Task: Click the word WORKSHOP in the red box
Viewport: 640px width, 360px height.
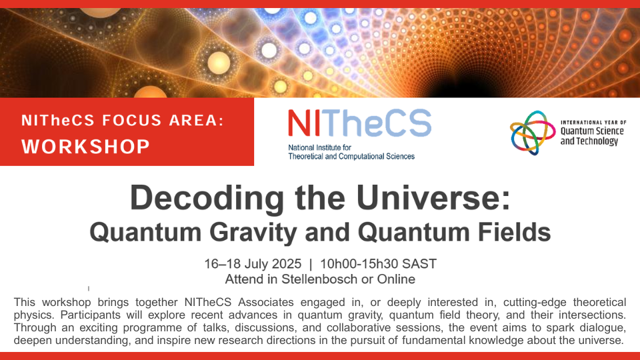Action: (86, 147)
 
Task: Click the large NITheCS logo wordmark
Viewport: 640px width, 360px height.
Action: (359, 123)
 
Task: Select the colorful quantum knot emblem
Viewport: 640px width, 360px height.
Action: (532, 133)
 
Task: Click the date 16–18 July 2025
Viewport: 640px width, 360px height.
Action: (253, 264)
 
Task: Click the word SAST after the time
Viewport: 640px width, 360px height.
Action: (419, 264)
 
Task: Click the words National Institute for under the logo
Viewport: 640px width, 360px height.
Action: (319, 147)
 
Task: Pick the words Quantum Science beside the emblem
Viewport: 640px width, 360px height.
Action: (592, 131)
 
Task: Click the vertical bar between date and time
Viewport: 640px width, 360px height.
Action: (311, 265)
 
